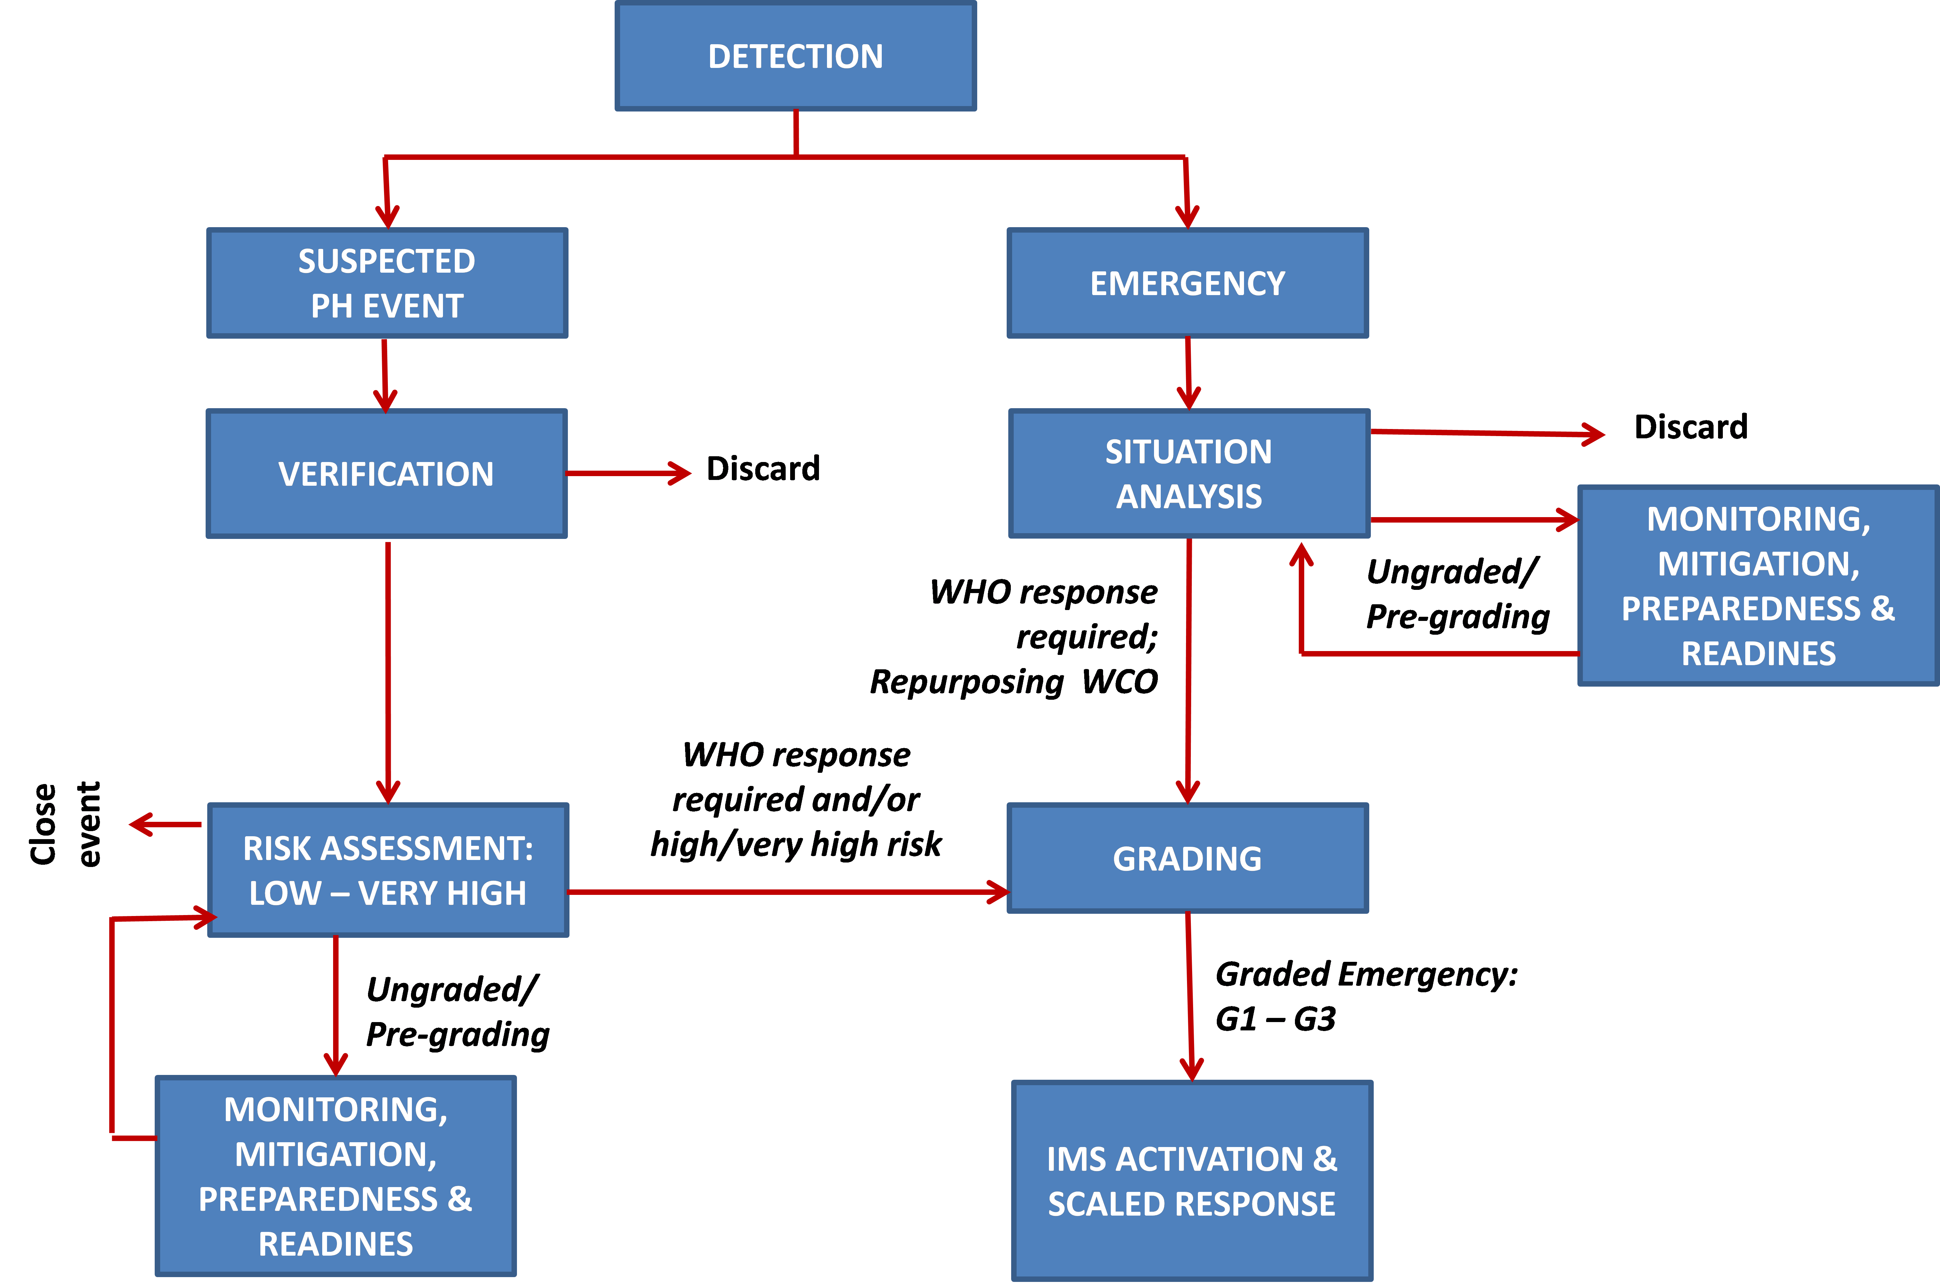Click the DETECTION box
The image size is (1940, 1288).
(x=796, y=56)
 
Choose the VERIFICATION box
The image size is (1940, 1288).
(x=387, y=474)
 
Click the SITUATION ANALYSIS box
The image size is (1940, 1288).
(x=1189, y=474)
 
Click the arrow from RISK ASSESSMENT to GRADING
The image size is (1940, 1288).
(x=788, y=891)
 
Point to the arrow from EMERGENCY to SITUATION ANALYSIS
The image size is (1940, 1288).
(x=1188, y=374)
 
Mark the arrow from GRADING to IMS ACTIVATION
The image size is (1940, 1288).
(x=1190, y=996)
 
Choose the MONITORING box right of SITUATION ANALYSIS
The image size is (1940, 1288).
(x=1759, y=586)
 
